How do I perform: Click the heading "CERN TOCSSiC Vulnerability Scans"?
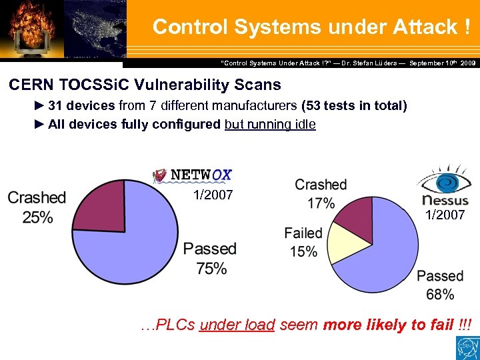[145, 85]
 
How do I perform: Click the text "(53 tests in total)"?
[354, 106]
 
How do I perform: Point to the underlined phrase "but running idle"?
[270, 124]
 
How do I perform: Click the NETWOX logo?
[193, 175]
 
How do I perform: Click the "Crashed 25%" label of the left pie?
[37, 207]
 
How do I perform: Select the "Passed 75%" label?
[210, 259]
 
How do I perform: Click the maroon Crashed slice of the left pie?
[98, 207]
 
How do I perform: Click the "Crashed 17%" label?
[321, 193]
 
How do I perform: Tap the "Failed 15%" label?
[303, 242]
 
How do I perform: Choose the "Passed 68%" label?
[439, 285]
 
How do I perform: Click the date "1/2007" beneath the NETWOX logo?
[213, 195]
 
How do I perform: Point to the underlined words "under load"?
[237, 325]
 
